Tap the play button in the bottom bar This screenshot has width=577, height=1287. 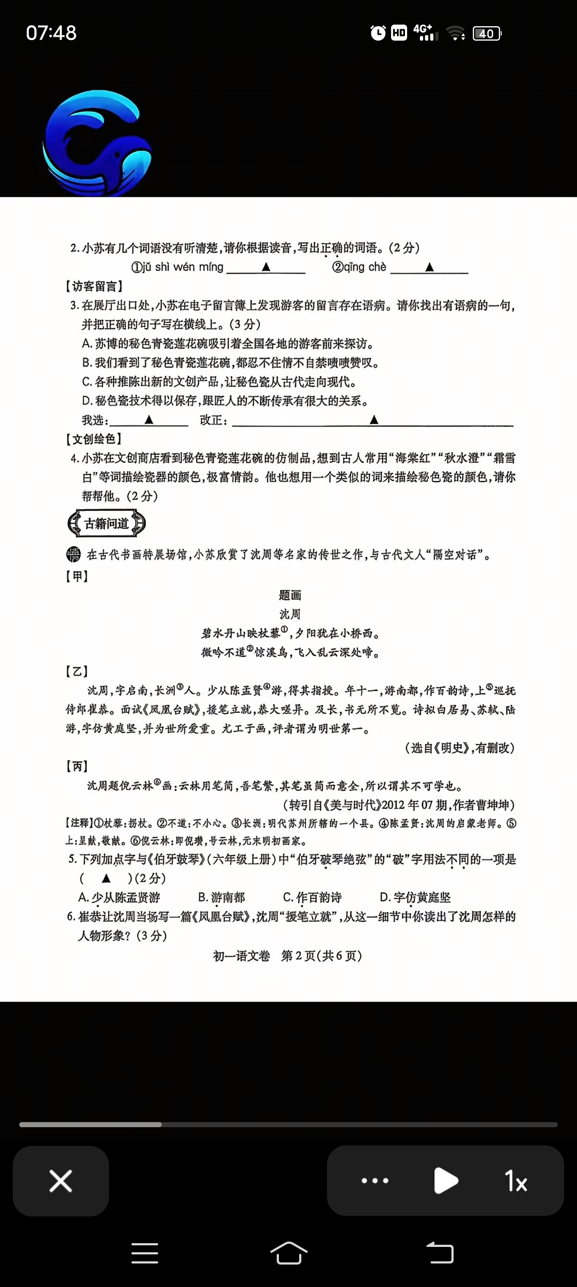(446, 1181)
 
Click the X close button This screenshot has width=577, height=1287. (60, 1181)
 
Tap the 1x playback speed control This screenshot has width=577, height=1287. (516, 1181)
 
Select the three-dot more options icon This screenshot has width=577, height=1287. (375, 1181)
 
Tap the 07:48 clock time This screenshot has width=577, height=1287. (51, 33)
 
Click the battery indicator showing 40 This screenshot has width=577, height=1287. (487, 34)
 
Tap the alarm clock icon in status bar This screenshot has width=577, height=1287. (378, 33)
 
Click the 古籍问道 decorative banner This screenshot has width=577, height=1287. (107, 523)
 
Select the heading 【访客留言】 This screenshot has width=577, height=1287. (94, 286)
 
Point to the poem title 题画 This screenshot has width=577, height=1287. (290, 595)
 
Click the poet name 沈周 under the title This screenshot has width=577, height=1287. (290, 614)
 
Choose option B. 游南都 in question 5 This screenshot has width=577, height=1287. (222, 897)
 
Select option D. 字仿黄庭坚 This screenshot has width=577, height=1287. (415, 897)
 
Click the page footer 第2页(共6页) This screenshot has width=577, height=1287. (322, 956)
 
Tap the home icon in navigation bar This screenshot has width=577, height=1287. (288, 1253)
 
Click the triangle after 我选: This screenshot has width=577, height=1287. (149, 420)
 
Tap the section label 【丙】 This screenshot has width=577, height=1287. (77, 766)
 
